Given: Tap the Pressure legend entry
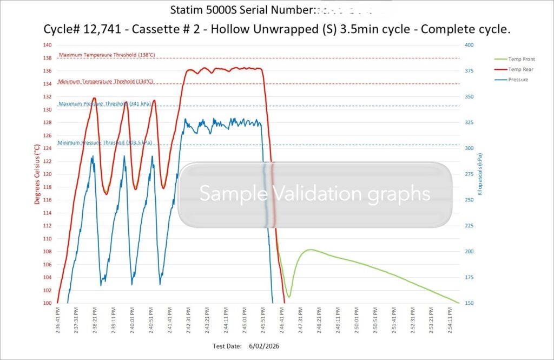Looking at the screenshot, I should pos(518,80).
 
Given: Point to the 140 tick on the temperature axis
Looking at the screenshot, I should pos(47,45).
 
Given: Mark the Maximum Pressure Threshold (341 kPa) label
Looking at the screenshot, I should pos(104,104).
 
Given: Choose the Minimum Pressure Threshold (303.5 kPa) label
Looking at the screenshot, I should pos(105,143).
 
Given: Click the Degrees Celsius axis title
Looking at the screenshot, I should pos(37,174).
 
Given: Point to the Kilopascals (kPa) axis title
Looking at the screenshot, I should pos(479,174).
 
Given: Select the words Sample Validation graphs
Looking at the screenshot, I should pos(315,194).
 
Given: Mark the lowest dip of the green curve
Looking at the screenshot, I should pos(289,297).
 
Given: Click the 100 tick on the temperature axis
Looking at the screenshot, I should pos(47,303).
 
